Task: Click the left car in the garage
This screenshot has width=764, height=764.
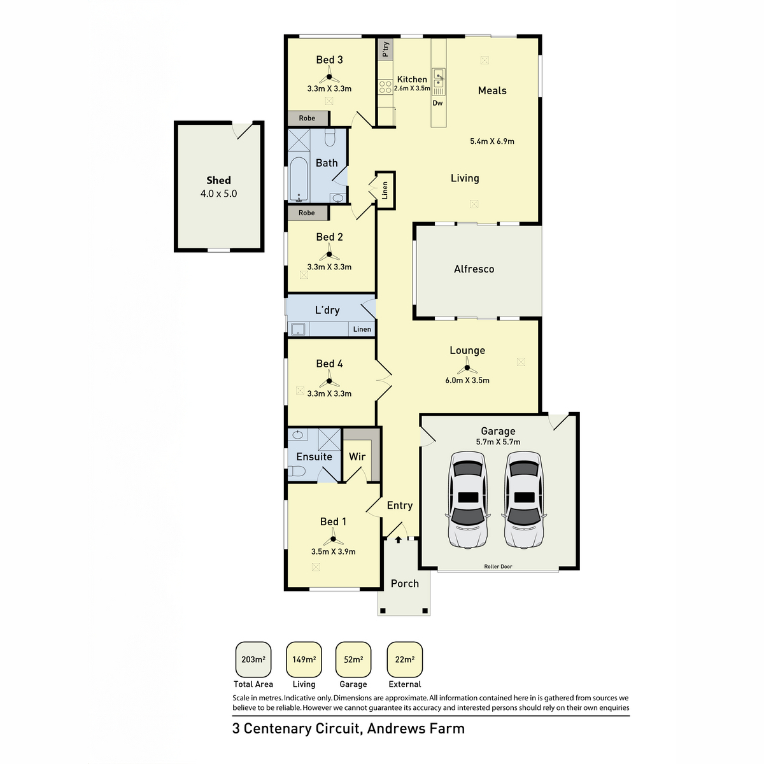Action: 468,500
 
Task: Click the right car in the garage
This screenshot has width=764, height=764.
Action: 524,500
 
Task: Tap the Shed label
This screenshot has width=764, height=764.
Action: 218,181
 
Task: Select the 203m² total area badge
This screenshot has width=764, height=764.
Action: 253,660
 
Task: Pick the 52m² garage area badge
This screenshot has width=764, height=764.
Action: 353,660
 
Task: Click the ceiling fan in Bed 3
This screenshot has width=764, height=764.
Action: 329,78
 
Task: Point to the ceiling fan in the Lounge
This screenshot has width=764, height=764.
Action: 467,367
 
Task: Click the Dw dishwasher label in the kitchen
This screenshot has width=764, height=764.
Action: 437,103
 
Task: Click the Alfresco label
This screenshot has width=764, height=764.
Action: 474,269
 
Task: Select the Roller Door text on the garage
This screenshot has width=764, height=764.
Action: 498,567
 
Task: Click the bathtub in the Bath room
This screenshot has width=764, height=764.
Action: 298,180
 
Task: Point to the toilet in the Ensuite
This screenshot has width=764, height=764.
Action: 297,471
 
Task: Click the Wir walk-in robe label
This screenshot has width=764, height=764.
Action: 357,456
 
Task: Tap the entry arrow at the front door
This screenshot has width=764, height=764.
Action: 399,540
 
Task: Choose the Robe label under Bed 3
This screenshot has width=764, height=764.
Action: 307,118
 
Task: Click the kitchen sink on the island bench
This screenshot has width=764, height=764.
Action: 439,80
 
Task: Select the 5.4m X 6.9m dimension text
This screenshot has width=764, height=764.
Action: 492,141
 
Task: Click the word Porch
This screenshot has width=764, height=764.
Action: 405,584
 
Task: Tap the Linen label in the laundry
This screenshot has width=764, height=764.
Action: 362,329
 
